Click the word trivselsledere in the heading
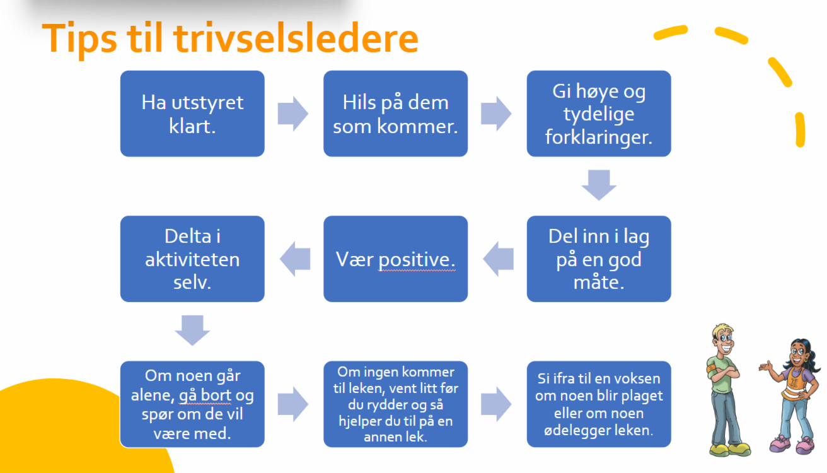296,37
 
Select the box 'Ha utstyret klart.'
192,114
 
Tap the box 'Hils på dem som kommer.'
395,114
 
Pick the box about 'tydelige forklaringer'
599,114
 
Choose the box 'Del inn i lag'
599,259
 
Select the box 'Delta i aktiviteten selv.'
192,259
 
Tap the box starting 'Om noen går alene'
192,404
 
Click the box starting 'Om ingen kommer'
395,404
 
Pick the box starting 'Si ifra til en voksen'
599,404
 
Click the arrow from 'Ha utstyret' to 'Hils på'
293,114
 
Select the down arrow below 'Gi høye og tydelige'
599,185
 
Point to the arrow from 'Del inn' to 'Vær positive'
498,259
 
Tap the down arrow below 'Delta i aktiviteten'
192,330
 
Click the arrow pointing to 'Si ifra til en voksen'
496,404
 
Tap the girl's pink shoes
792,445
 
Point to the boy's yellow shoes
729,449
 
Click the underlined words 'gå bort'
205,396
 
